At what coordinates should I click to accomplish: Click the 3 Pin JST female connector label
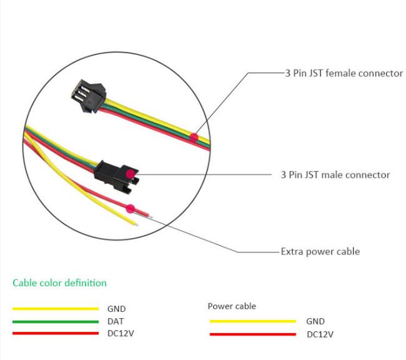point(344,73)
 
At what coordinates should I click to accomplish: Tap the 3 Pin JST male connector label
point(335,174)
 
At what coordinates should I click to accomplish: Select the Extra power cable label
point(320,251)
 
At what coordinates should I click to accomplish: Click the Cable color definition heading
point(59,282)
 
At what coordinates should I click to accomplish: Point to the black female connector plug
point(89,96)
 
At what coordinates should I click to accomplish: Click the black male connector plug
point(117,177)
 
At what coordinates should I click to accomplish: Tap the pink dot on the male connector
point(131,174)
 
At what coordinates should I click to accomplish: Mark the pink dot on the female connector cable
point(194,137)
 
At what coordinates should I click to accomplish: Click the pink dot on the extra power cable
point(131,209)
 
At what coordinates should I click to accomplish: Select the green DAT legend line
point(56,322)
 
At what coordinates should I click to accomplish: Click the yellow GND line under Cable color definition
point(56,309)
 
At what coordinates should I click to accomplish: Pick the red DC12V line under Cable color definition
point(56,333)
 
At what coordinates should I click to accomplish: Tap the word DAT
point(116,321)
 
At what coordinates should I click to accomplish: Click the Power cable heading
point(232,306)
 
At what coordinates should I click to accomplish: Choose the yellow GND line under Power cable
point(253,321)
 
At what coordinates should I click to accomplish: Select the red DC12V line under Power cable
point(253,334)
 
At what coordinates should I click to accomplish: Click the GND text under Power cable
point(315,321)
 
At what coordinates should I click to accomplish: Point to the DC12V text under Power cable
point(320,334)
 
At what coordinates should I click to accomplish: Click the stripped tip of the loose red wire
point(150,216)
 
